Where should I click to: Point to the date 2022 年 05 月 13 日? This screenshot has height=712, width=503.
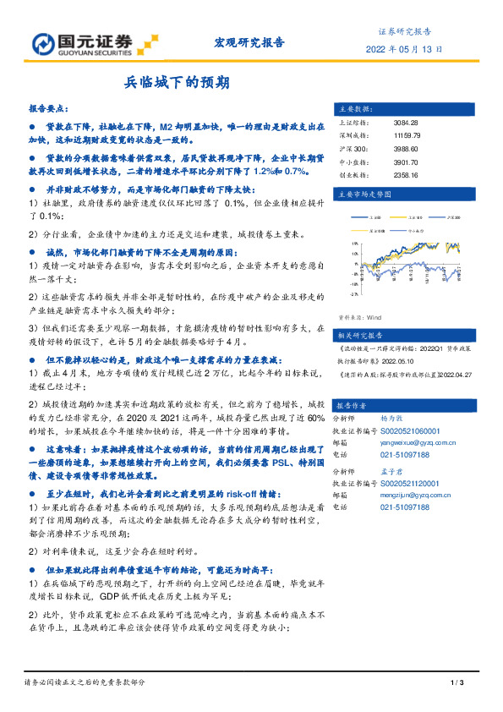click(404, 49)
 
